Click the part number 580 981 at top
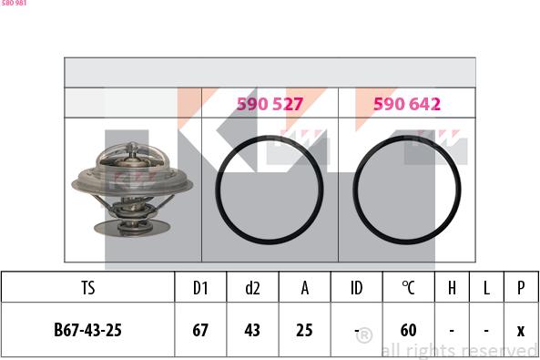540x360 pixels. [14, 4]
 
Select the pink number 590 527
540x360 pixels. [270, 105]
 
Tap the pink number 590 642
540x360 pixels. [406, 105]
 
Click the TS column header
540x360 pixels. [88, 288]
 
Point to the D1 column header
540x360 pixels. [200, 288]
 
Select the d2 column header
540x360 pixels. [252, 288]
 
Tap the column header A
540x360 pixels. [305, 288]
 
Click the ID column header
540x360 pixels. [357, 288]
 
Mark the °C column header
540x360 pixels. [409, 288]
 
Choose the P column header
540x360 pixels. [520, 288]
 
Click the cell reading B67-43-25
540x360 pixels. [88, 330]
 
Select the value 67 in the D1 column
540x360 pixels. [200, 330]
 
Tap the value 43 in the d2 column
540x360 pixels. [252, 330]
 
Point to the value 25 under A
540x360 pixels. [305, 330]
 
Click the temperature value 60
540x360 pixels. [409, 330]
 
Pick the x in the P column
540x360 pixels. [520, 330]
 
